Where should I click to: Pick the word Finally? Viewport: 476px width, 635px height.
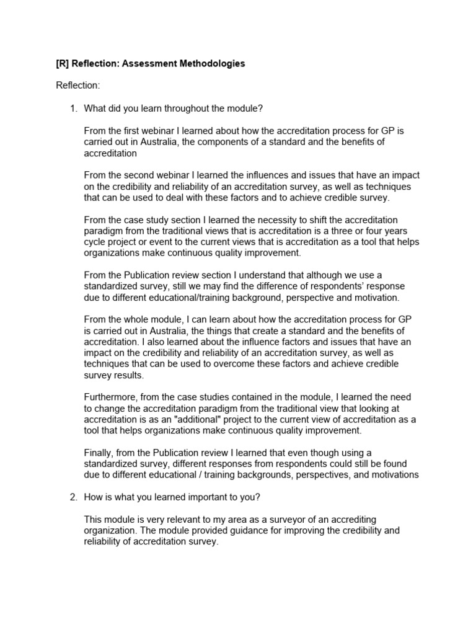coord(98,453)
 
